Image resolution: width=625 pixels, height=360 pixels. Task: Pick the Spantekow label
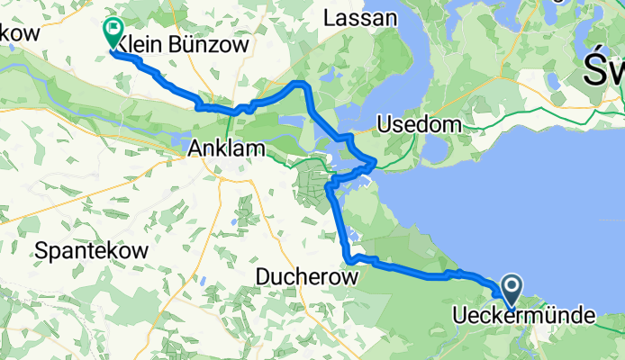(x=92, y=252)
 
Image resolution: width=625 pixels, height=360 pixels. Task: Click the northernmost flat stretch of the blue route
(x=297, y=84)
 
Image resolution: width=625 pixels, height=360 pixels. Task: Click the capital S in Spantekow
(x=41, y=252)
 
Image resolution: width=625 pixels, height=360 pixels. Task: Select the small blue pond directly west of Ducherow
(x=235, y=219)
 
